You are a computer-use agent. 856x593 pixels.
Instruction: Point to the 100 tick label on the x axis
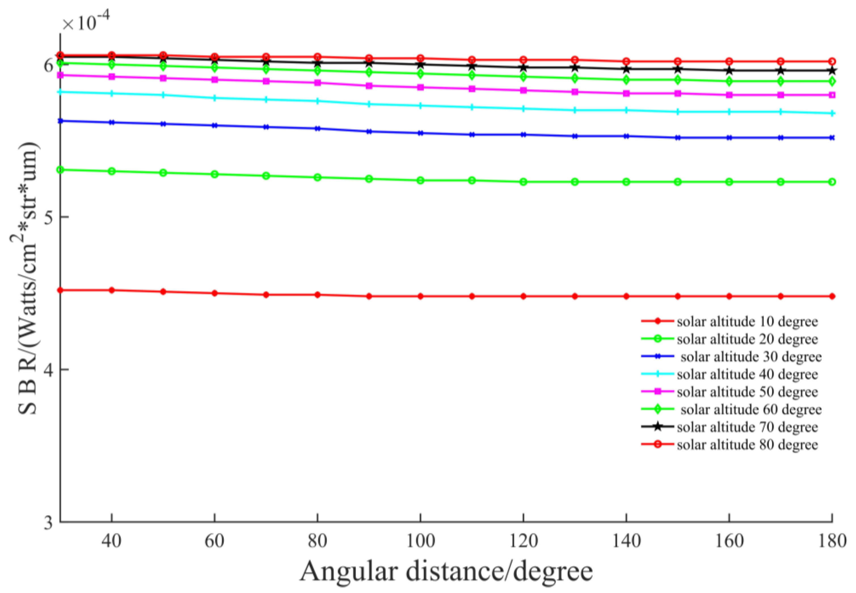[420, 541]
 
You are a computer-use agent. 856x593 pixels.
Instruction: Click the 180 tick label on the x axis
[832, 541]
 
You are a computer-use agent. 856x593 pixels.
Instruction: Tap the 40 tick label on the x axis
[111, 541]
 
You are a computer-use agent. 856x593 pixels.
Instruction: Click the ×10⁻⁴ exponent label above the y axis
[85, 23]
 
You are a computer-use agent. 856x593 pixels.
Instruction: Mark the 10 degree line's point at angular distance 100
[420, 296]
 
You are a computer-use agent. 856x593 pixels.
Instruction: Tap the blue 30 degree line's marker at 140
[626, 136]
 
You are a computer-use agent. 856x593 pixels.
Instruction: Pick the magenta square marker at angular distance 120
[523, 90]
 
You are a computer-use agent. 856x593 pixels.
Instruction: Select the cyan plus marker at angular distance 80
[317, 101]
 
